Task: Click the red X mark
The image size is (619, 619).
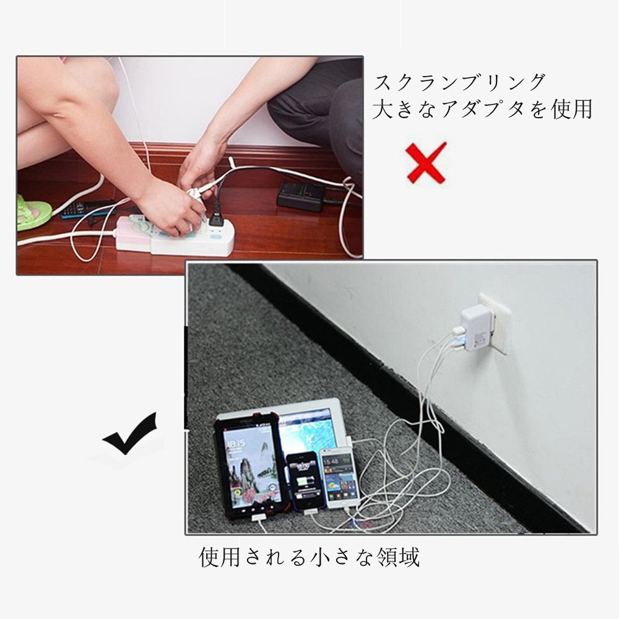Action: (x=426, y=163)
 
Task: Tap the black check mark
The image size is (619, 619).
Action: (x=130, y=435)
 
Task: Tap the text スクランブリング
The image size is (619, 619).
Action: (x=459, y=82)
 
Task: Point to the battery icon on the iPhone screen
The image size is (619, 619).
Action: (x=303, y=482)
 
